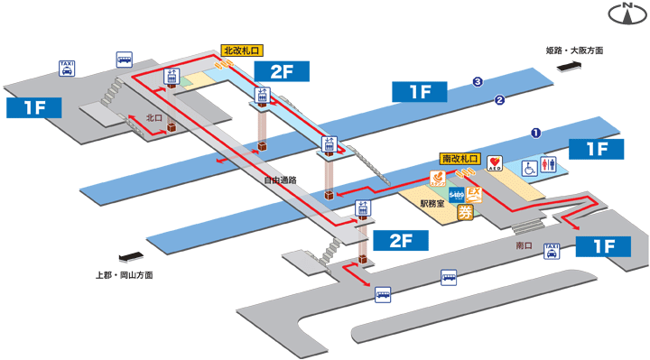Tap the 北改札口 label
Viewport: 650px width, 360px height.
[x=242, y=51]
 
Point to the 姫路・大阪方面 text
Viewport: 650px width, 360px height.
[x=575, y=51]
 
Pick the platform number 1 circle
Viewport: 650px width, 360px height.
[x=535, y=133]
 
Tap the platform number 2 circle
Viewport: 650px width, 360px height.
[x=498, y=100]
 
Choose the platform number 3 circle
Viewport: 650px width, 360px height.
[x=478, y=83]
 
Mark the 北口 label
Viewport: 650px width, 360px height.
[x=154, y=117]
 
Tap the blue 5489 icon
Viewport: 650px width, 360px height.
[x=457, y=195]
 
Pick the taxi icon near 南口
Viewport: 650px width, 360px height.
[x=551, y=252]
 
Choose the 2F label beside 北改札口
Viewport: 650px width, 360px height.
[x=283, y=69]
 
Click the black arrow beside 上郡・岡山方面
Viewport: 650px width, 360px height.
[x=128, y=255]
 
